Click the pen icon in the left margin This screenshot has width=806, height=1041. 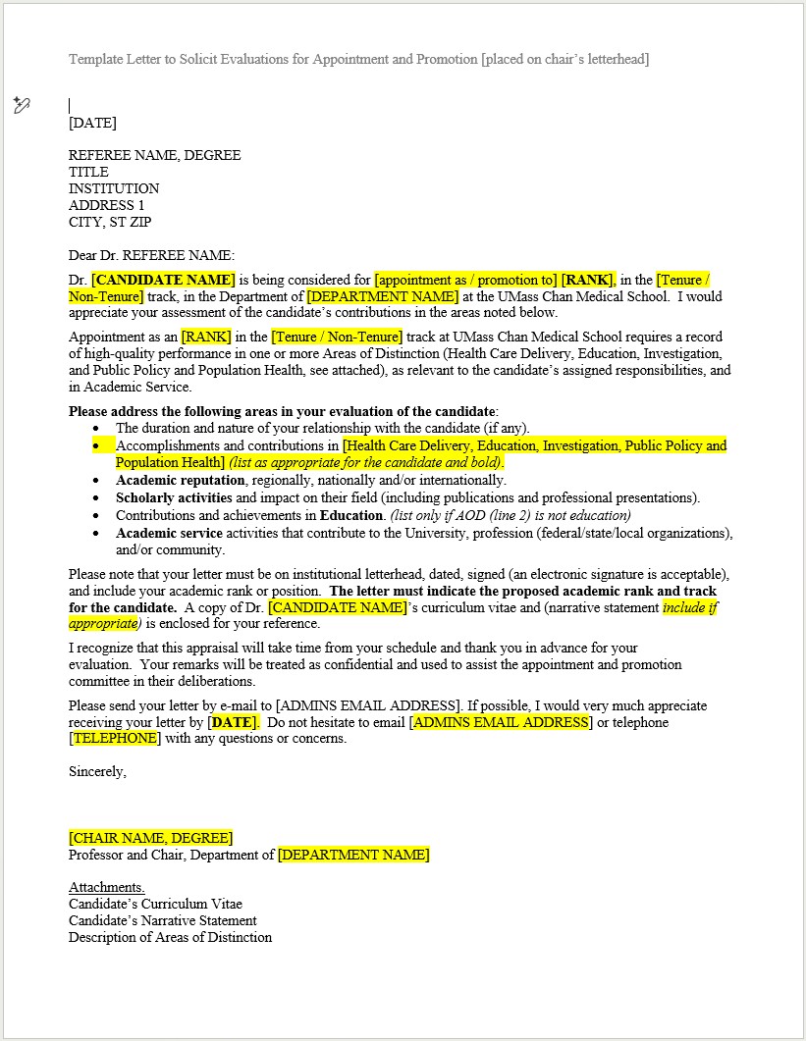click(x=22, y=105)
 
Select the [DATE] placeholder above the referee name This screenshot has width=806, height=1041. click(x=92, y=123)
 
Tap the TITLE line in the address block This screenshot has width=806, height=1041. click(x=88, y=172)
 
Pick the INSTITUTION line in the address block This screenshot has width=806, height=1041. click(x=114, y=188)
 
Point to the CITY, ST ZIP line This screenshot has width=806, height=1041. click(x=110, y=222)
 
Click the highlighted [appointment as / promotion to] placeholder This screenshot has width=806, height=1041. click(x=465, y=280)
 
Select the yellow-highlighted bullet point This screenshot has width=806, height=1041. click(x=96, y=445)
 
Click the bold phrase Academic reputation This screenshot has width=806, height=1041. click(x=181, y=480)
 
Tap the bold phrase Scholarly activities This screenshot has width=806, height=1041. click(x=174, y=497)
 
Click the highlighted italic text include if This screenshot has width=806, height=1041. click(x=690, y=607)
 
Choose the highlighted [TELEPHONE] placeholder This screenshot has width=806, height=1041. click(x=114, y=738)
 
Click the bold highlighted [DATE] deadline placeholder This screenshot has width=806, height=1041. click(x=233, y=722)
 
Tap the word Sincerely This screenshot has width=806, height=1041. click(x=97, y=771)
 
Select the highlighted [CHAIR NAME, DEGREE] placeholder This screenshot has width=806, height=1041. click(x=150, y=838)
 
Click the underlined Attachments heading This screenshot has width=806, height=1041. click(x=107, y=887)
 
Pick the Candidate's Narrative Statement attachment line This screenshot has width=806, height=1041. click(x=163, y=920)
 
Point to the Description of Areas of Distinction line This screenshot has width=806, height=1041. click(x=170, y=937)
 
